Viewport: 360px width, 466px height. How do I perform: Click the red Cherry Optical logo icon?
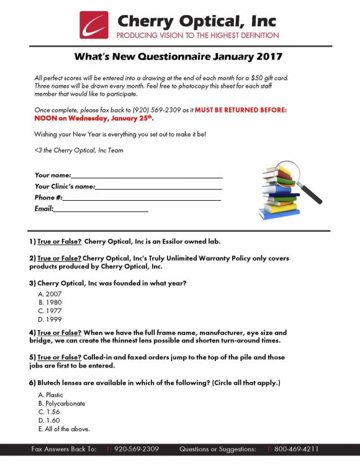point(94,25)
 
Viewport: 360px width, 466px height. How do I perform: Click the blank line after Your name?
point(146,175)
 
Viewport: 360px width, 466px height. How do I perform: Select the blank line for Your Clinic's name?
point(158,186)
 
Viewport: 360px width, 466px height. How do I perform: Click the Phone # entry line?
point(142,198)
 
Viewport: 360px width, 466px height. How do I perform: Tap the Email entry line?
point(101,209)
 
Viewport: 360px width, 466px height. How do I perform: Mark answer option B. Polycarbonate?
point(61,403)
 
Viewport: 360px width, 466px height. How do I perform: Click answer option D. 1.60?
point(49,421)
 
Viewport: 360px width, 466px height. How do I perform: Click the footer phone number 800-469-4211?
point(296,449)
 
